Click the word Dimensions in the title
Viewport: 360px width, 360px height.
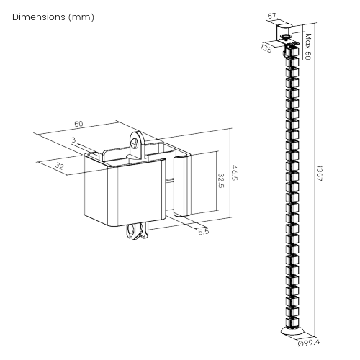(x=37, y=17)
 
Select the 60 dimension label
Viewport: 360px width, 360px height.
(x=78, y=124)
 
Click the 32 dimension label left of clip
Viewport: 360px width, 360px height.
(x=59, y=166)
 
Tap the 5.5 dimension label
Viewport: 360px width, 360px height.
(x=204, y=232)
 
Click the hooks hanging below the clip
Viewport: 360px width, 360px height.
(x=137, y=231)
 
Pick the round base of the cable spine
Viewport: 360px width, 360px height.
(x=292, y=331)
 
